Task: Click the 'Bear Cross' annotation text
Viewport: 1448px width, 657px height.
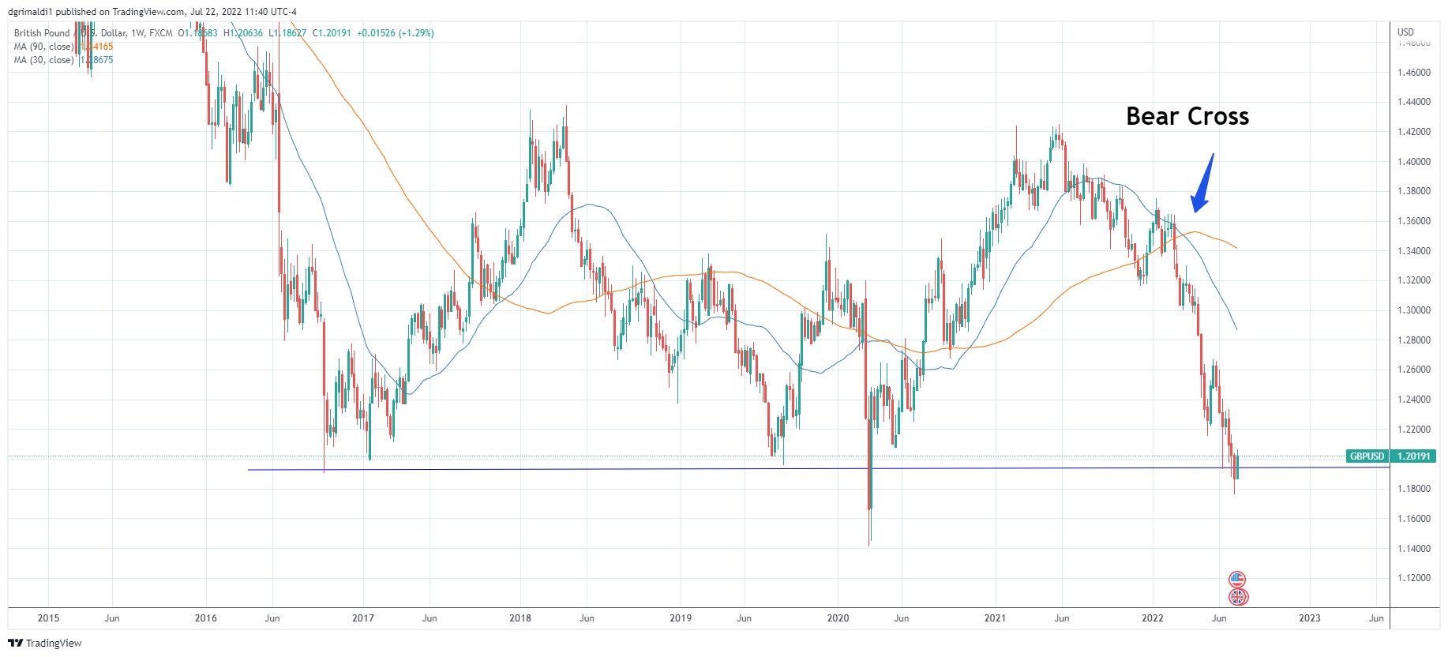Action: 1187,117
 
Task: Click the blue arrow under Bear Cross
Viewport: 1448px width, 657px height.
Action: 1202,185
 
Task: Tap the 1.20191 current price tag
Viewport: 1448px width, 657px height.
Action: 1413,456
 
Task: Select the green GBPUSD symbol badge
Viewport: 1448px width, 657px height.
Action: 1367,456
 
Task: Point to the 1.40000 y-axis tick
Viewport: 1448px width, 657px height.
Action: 1413,162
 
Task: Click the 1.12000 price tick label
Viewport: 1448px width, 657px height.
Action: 1413,578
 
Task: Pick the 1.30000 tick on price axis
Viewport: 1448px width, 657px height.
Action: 1413,310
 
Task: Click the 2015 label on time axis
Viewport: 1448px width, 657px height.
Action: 48,618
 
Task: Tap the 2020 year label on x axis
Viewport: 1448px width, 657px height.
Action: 838,618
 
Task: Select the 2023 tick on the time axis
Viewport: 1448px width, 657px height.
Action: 1309,618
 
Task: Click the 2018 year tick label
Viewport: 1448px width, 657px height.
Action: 520,618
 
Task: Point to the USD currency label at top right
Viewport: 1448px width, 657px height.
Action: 1405,32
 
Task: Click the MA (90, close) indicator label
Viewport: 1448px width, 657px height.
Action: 43,47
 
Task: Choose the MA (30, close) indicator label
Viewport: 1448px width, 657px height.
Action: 43,60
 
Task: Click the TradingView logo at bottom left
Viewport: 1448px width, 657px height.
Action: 45,643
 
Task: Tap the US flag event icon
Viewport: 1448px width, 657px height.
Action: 1237,580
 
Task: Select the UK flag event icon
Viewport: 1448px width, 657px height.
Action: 1237,597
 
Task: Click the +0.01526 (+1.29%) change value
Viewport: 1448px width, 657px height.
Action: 395,33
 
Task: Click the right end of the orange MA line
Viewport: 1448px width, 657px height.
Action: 1236,248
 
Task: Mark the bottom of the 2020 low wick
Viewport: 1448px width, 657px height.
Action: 869,546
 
